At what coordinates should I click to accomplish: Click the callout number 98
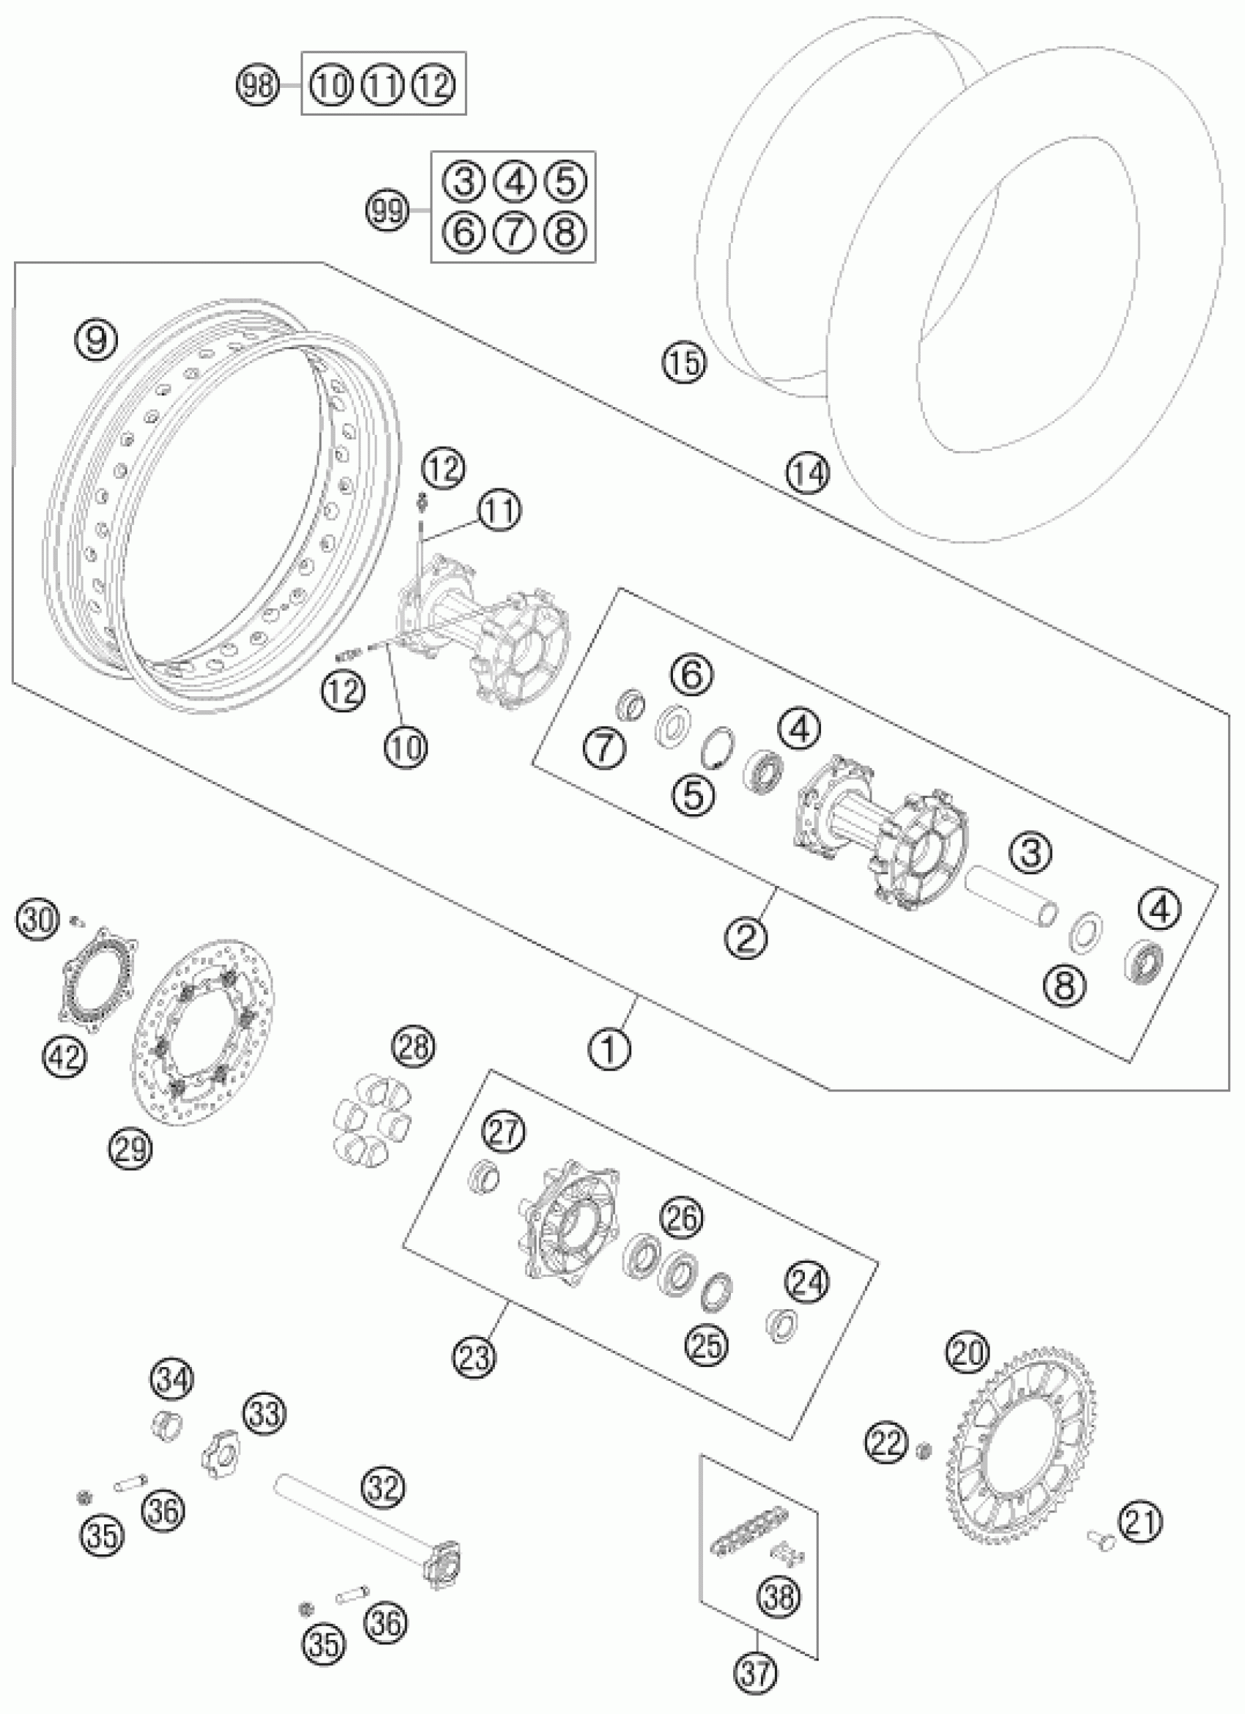coord(258,84)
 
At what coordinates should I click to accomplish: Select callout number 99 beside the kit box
coord(387,209)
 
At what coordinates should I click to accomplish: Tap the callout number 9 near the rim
coord(96,340)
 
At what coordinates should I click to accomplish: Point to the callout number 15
coord(684,362)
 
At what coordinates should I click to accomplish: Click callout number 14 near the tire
coord(807,472)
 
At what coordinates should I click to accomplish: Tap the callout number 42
coord(64,1056)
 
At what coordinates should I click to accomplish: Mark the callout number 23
coord(475,1356)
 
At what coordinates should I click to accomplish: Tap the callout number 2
coord(745,937)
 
